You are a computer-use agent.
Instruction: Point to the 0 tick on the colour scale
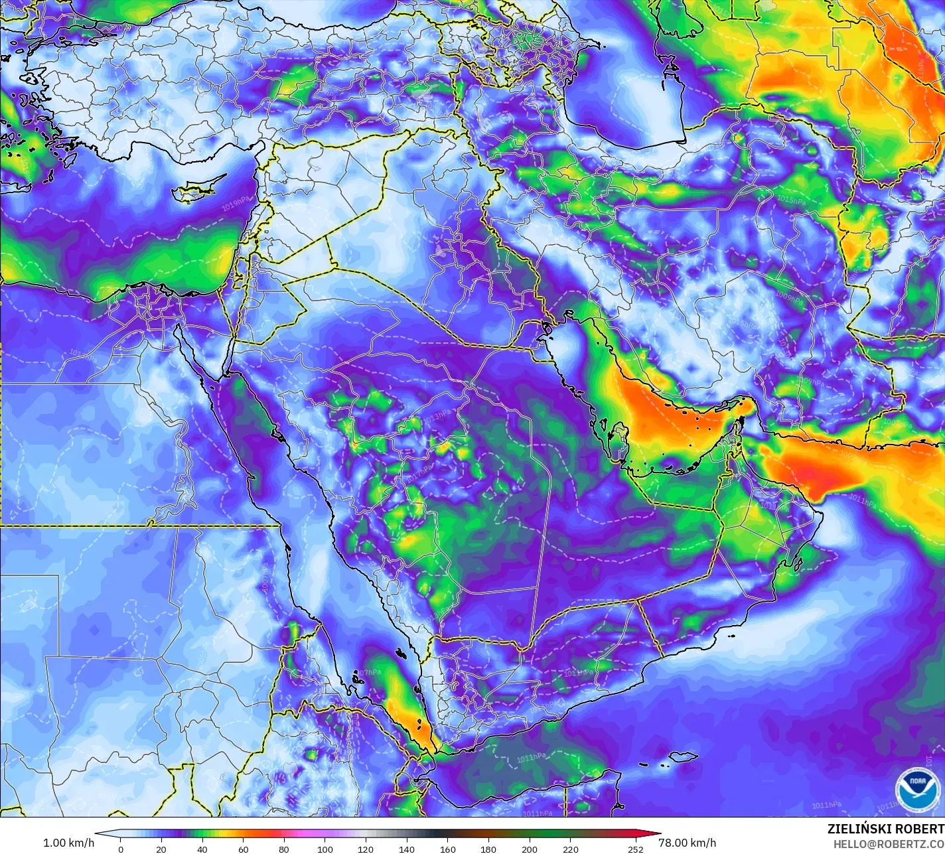click(120, 849)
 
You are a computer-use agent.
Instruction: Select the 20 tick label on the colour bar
click(161, 849)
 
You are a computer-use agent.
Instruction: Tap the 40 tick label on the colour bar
click(202, 849)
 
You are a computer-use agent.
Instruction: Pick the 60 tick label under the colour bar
click(243, 849)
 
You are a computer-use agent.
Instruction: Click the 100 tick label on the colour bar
click(325, 849)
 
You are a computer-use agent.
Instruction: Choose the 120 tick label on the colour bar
click(366, 849)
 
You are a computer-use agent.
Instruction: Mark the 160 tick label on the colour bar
click(448, 849)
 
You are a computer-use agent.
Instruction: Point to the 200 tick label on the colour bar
click(530, 849)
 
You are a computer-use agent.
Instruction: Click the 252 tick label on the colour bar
click(636, 849)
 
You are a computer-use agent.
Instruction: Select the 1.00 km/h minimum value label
click(68, 843)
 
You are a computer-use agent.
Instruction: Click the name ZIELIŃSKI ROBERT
click(885, 829)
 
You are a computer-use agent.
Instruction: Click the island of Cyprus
click(192, 192)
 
